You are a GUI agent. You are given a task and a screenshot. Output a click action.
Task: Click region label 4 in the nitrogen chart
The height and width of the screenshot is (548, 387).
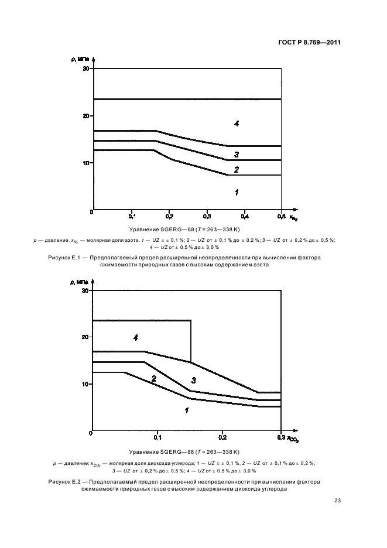236,124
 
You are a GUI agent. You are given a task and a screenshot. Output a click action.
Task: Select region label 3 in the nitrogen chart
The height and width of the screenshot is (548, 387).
236,155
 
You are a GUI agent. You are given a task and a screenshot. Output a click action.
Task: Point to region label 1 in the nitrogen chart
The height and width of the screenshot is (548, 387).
236,192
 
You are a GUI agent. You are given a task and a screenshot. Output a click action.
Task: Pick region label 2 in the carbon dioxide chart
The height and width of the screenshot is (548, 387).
154,379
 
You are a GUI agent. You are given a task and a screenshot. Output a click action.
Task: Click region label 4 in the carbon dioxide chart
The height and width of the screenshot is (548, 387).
135,338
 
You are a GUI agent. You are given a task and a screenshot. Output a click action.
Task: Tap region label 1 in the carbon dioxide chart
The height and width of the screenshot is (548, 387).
187,411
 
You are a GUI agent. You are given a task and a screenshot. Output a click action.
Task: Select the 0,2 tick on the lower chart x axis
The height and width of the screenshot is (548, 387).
222,437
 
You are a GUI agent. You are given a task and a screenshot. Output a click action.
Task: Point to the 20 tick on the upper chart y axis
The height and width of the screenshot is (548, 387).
85,116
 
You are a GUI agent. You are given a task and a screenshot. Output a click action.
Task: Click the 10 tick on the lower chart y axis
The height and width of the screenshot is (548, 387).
85,384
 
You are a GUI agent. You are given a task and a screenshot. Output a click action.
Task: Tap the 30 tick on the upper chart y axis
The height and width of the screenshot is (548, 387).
85,69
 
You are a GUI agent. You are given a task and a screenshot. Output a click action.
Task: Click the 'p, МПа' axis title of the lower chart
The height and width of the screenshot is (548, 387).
81,282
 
